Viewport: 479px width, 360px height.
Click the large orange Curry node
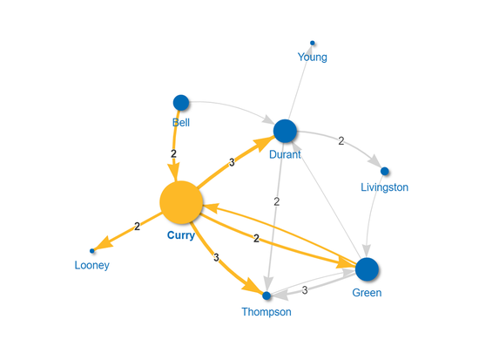(x=181, y=202)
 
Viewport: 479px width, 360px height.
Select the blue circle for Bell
(x=181, y=103)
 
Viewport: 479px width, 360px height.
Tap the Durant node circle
(x=286, y=131)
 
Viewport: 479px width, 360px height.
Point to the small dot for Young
(x=313, y=43)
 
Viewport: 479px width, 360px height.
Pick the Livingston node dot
(x=384, y=171)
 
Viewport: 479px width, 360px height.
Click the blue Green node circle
(x=368, y=269)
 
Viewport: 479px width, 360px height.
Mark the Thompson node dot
(x=267, y=295)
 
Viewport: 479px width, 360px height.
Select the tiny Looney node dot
(x=92, y=251)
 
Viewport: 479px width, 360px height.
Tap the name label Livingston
(x=384, y=187)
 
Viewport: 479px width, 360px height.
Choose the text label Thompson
(x=267, y=312)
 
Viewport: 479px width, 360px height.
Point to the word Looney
(x=92, y=266)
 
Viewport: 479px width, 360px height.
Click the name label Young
(x=313, y=58)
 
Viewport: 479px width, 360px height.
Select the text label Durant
(x=286, y=155)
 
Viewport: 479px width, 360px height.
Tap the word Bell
(x=181, y=123)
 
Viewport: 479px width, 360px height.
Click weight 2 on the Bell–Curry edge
(x=174, y=153)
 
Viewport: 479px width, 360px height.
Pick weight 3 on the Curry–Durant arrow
(x=232, y=162)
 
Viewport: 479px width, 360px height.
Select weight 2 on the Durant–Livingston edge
(x=341, y=140)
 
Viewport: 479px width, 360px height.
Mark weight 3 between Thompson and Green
(x=305, y=289)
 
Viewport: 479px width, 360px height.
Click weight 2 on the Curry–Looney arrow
(x=137, y=227)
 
